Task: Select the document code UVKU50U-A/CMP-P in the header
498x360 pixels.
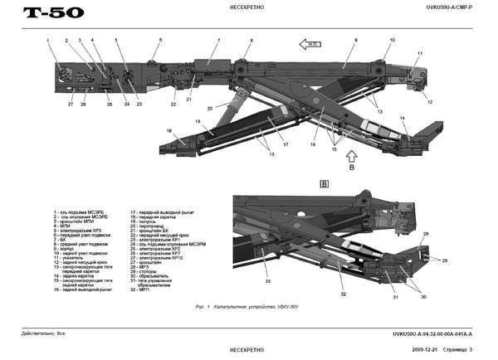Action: (448, 8)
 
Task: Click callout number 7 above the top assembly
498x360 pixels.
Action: (218, 40)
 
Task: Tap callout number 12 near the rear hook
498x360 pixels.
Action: (431, 102)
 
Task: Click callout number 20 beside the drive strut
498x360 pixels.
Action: (210, 108)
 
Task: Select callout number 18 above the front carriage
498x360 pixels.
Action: (168, 130)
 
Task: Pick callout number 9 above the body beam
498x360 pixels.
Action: (354, 40)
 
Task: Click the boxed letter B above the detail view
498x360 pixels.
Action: (325, 181)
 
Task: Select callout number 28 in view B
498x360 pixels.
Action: (427, 235)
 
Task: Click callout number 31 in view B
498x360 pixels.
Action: (396, 296)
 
